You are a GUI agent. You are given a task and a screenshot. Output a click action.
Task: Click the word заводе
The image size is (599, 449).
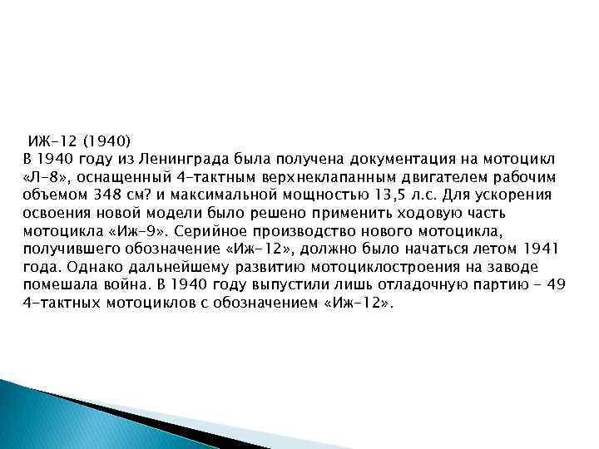[539, 267]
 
